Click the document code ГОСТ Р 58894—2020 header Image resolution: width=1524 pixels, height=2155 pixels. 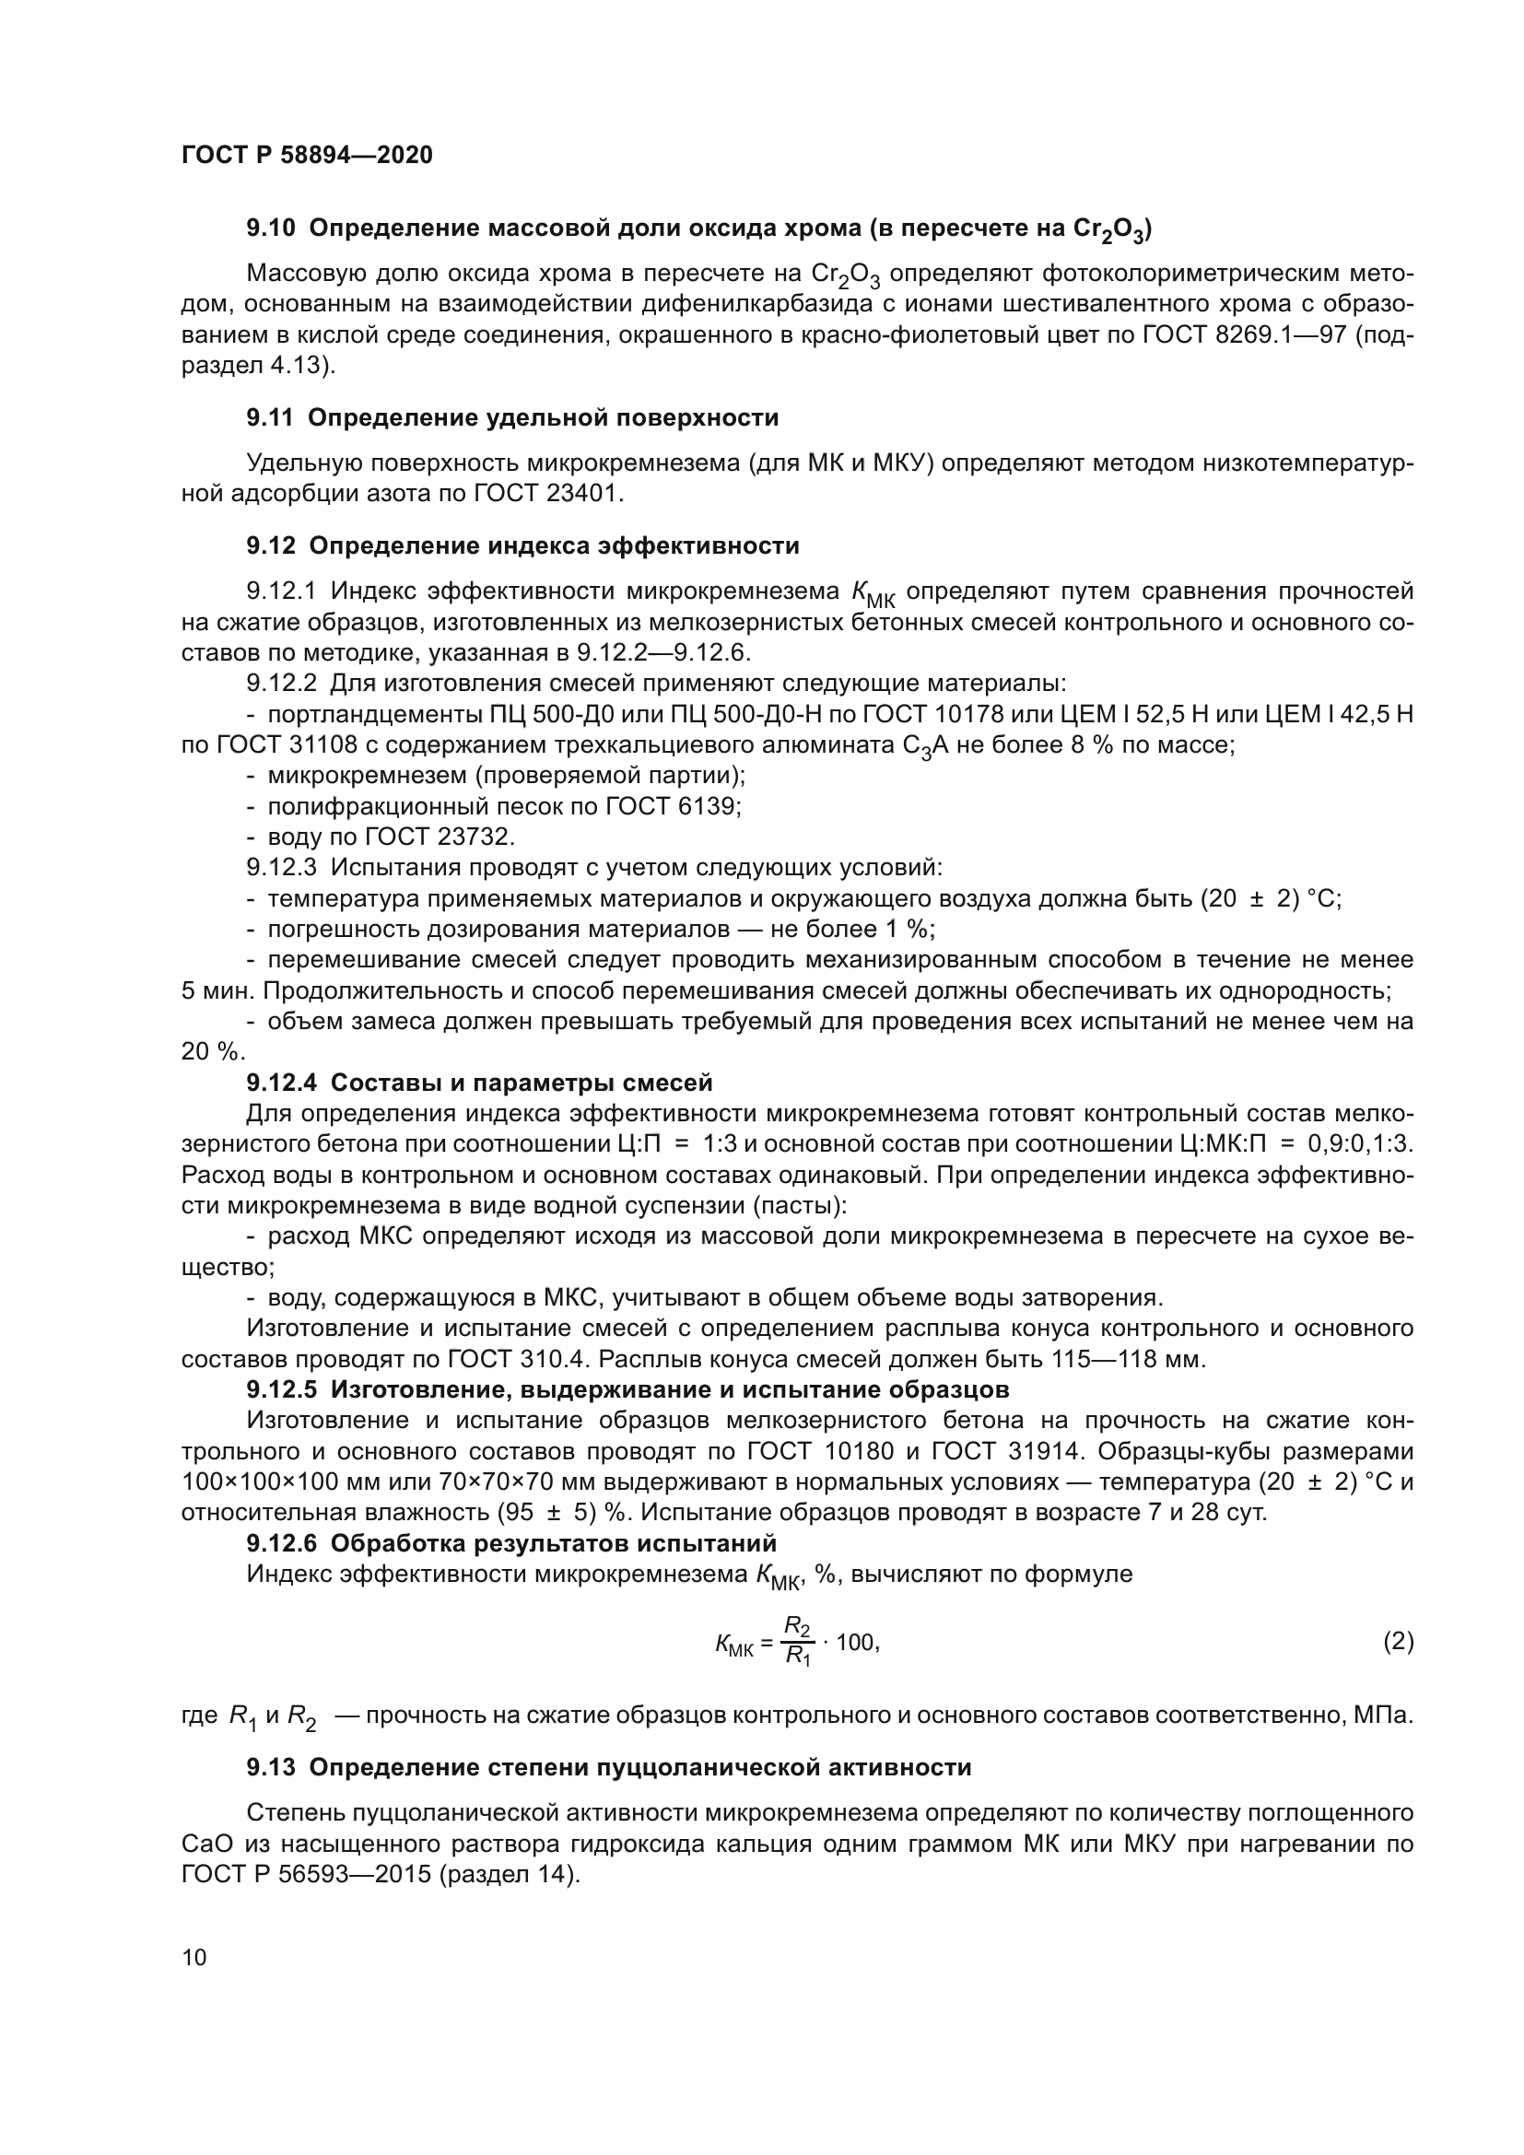click(x=307, y=155)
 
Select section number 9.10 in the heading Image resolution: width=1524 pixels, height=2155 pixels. click(x=271, y=228)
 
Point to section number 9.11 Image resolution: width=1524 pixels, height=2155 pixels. click(x=271, y=417)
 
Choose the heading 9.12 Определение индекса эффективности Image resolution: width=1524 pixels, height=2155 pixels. click(x=522, y=545)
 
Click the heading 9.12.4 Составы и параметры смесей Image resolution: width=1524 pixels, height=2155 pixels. click(x=479, y=1083)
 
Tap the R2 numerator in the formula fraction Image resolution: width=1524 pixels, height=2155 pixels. click(x=798, y=1625)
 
